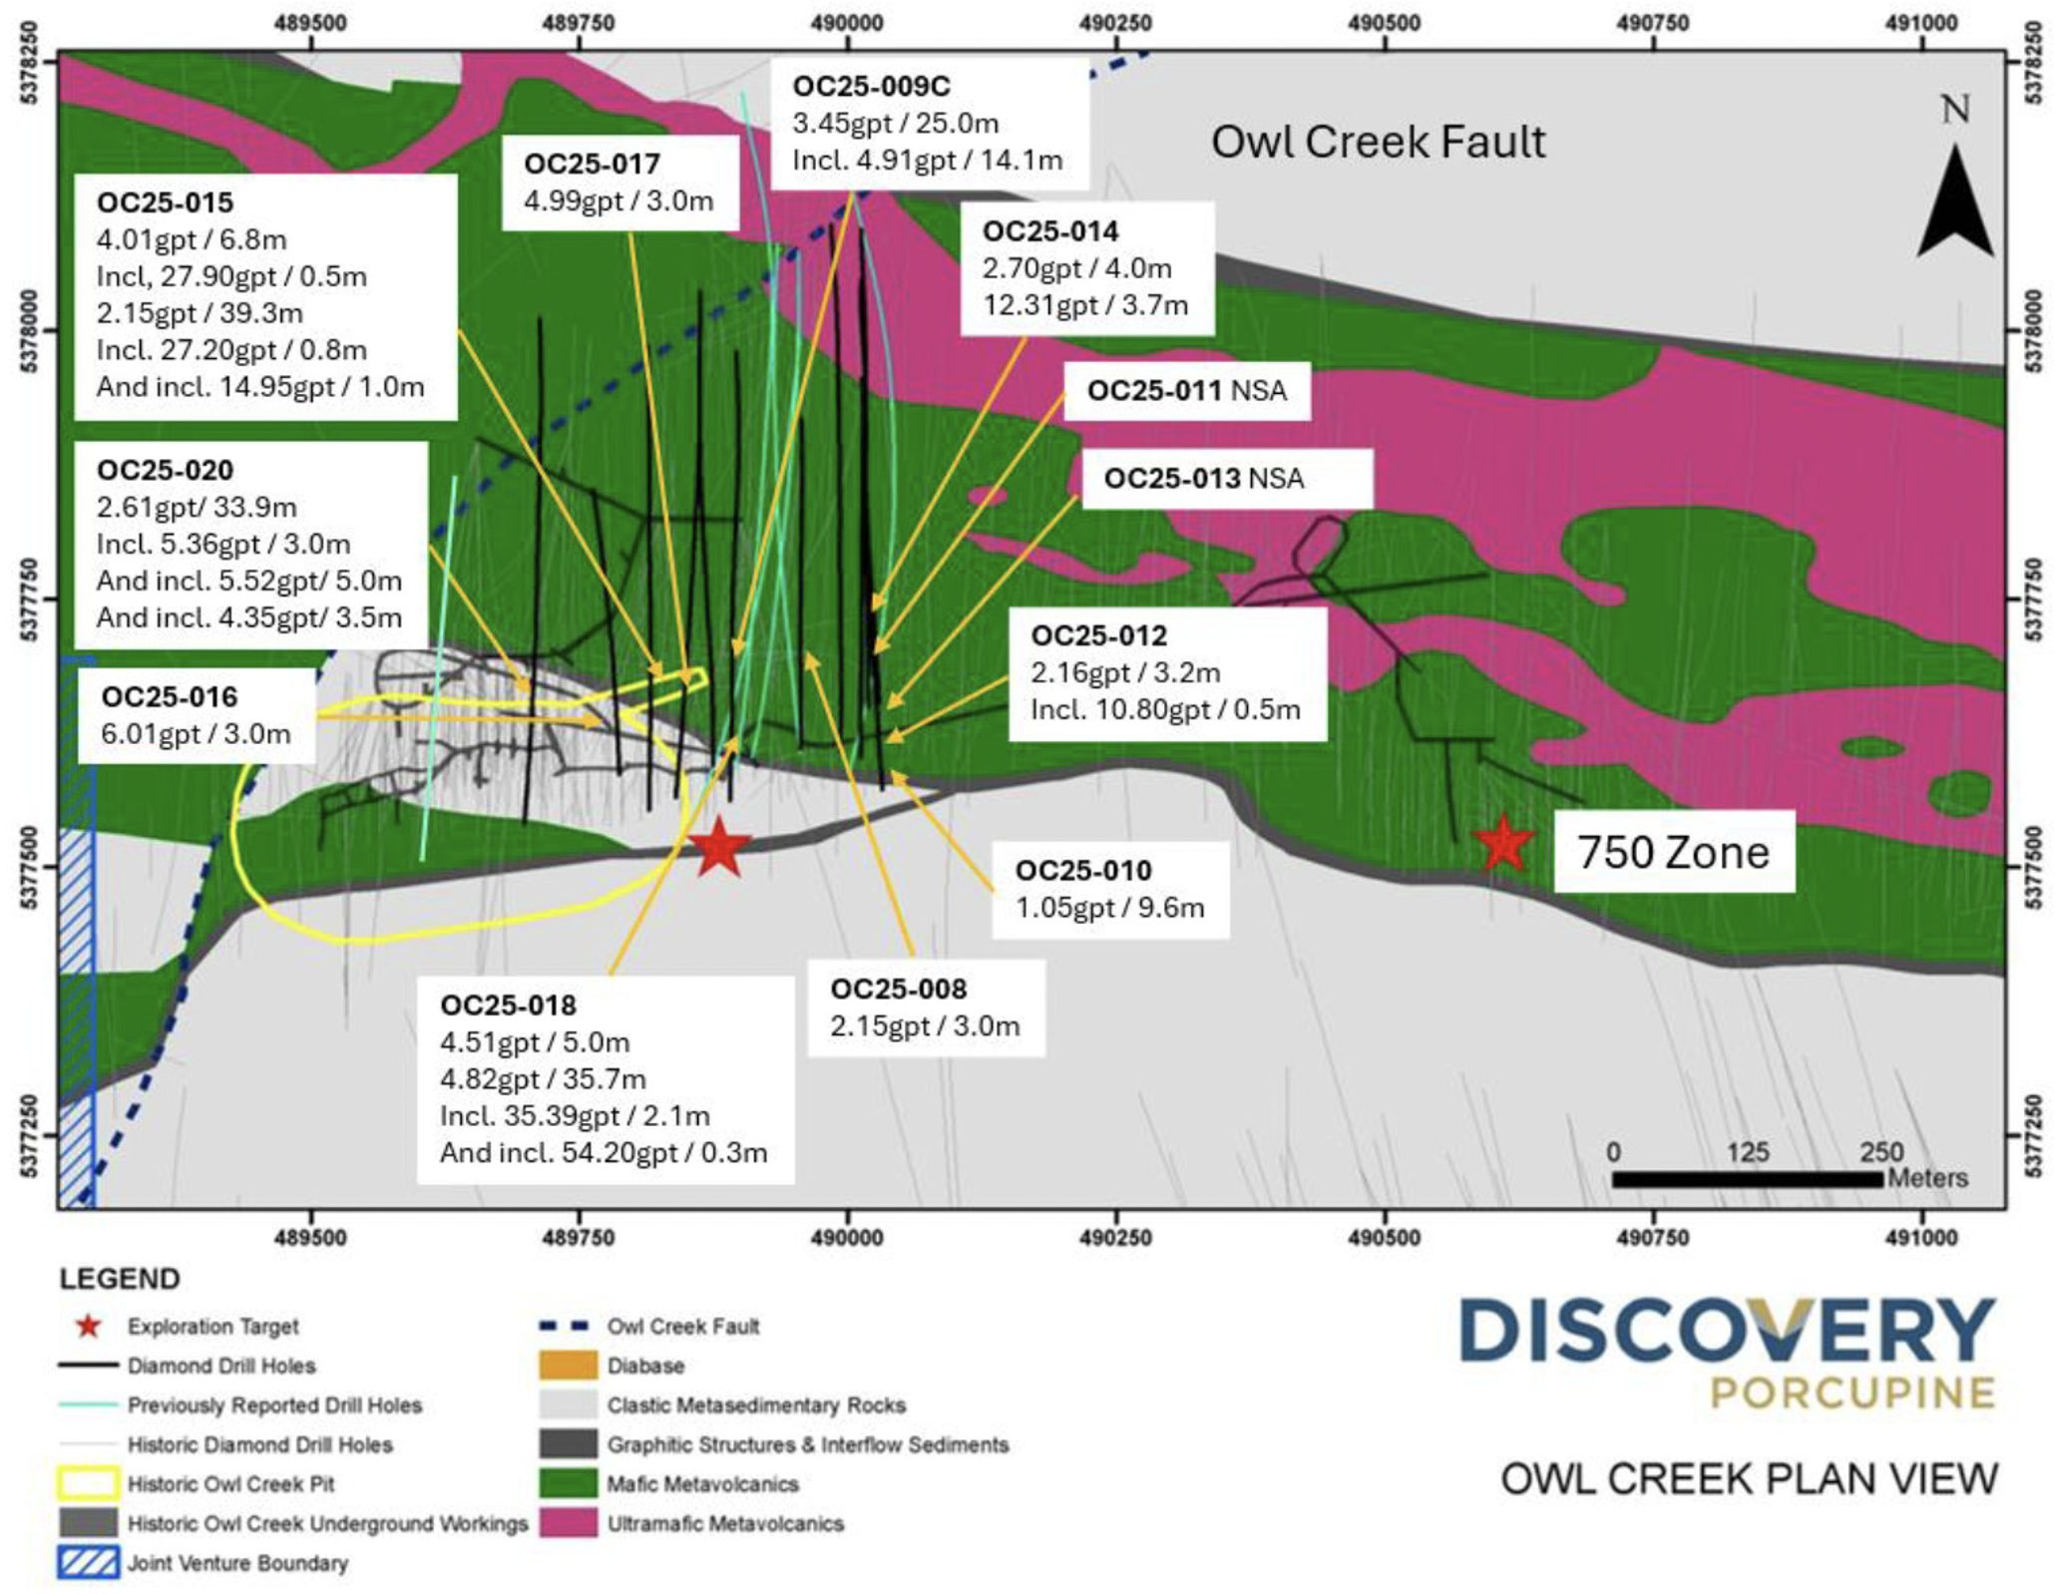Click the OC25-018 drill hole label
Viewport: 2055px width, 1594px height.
coord(508,1004)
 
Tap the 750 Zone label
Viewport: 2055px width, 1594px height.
coord(1673,853)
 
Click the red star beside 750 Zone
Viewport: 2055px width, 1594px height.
coord(1502,844)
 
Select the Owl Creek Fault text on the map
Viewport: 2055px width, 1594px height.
coord(1378,143)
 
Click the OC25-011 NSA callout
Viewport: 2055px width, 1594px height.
coord(1186,390)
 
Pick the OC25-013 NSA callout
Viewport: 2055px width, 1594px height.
coord(1203,479)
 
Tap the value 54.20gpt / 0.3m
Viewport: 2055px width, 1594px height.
coord(604,1153)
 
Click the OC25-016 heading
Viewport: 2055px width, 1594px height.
coord(170,696)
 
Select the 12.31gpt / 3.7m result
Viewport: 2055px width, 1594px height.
coord(1085,305)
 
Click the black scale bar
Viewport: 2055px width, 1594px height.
coord(1747,1179)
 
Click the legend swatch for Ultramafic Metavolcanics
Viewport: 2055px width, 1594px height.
coord(568,1523)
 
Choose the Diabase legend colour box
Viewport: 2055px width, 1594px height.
coord(568,1365)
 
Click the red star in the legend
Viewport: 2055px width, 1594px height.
coord(89,1326)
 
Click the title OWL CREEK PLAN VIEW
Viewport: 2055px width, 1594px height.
coord(1749,1478)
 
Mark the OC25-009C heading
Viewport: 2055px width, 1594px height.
coord(871,87)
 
